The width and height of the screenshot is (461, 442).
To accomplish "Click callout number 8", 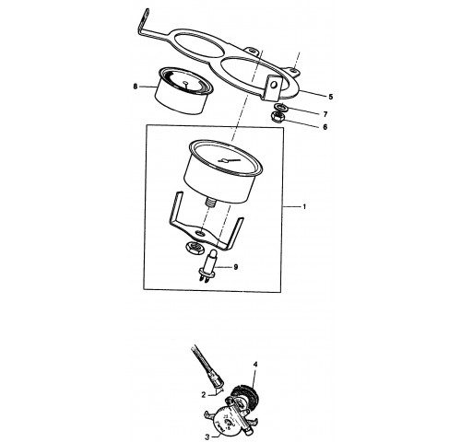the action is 136,87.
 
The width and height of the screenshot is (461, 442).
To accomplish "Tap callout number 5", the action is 331,97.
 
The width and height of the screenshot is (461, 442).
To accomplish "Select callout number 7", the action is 325,114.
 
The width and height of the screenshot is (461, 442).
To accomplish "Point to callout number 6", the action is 325,127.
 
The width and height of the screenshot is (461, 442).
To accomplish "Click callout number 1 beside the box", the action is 304,206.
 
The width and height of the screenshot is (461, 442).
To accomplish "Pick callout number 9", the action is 236,267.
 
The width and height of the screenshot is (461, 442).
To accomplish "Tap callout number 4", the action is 255,365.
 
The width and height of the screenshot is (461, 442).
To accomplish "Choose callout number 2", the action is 204,395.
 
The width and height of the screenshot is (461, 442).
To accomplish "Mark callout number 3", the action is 207,437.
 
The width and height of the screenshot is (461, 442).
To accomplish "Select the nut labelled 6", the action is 277,118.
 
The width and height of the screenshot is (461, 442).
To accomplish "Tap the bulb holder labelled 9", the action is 208,265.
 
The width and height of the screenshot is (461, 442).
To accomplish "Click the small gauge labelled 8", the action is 184,90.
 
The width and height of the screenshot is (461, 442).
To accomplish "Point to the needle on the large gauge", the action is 230,160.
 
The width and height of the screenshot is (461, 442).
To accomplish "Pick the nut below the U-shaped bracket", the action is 194,247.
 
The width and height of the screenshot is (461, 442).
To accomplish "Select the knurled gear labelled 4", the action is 246,396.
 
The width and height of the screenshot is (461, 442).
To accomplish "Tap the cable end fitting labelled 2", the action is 215,380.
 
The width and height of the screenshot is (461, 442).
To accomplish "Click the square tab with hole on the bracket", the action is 274,87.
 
